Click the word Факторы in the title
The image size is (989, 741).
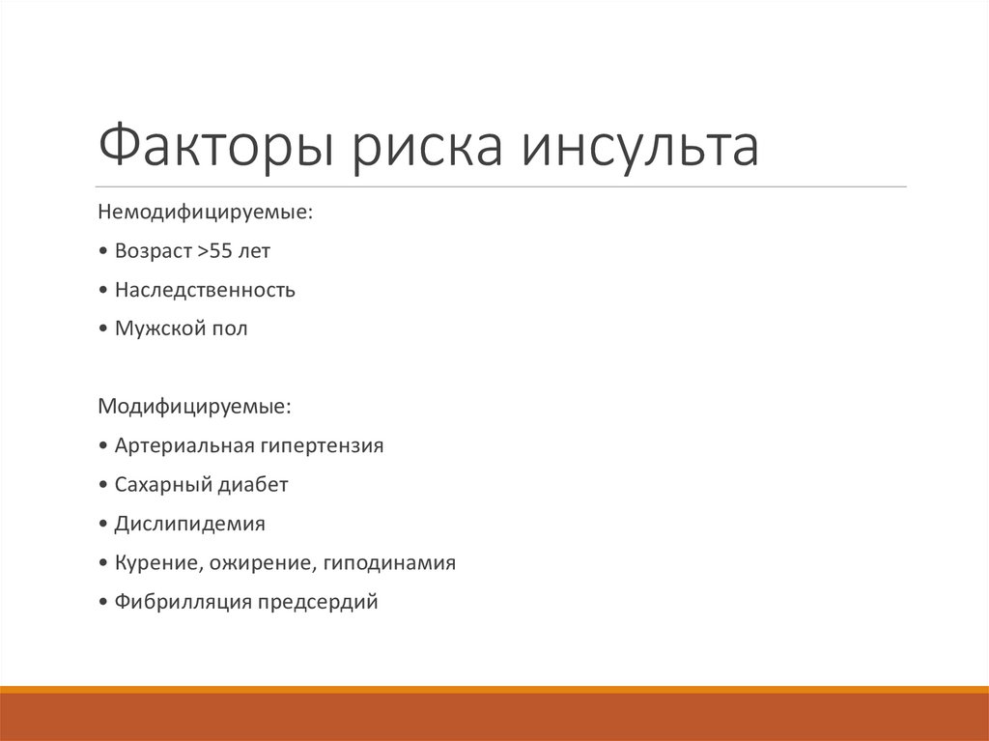pyautogui.click(x=217, y=146)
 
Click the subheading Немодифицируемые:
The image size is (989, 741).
pyautogui.click(x=205, y=211)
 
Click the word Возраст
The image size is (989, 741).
pyautogui.click(x=154, y=251)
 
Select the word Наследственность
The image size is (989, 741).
pyautogui.click(x=205, y=290)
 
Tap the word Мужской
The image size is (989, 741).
pyautogui.click(x=156, y=329)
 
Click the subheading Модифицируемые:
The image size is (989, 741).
pyautogui.click(x=193, y=407)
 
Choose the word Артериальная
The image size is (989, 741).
pyautogui.click(x=184, y=446)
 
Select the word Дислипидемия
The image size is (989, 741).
pyautogui.click(x=189, y=525)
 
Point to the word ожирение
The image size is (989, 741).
pyautogui.click(x=258, y=563)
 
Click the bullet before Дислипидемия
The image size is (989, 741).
pyautogui.click(x=103, y=526)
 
